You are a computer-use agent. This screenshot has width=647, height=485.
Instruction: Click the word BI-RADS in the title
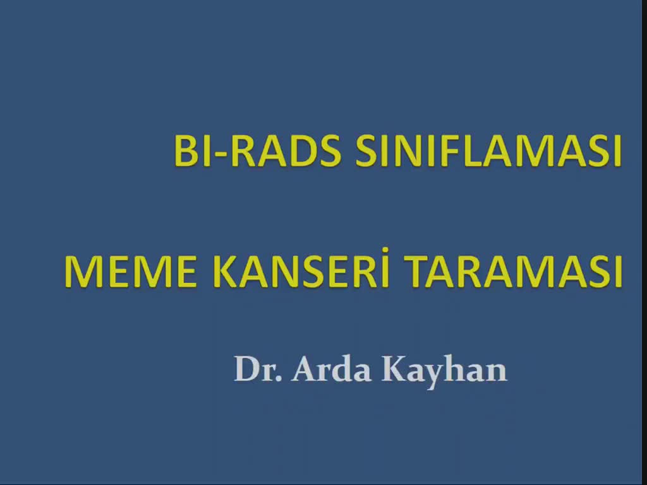tap(258, 150)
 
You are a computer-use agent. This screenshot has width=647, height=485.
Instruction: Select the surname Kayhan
tap(444, 371)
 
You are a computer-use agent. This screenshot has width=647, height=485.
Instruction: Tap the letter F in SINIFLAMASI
tap(447, 150)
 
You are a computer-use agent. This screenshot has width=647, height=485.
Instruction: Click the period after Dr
tap(279, 378)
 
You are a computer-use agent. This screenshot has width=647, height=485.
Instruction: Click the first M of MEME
tap(82, 272)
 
